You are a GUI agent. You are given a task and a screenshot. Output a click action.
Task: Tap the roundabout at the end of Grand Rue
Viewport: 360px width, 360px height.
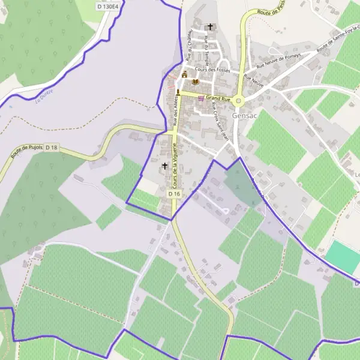[239, 101]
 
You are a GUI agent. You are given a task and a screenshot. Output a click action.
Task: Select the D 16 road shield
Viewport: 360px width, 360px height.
[174, 194]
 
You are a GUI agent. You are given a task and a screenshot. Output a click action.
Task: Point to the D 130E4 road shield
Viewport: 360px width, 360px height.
[109, 6]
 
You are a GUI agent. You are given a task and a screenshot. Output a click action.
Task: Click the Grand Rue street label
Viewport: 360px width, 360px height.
[218, 97]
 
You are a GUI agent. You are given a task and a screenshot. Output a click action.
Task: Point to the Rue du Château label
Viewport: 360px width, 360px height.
[188, 45]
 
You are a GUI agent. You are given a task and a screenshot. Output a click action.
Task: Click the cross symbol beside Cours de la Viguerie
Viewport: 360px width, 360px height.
[164, 165]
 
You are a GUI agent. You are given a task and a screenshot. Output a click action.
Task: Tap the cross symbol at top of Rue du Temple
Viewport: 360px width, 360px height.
[209, 26]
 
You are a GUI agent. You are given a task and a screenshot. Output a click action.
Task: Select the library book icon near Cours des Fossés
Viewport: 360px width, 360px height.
[194, 83]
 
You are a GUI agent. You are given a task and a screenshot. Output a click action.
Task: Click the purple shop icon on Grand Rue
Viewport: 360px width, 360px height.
[200, 98]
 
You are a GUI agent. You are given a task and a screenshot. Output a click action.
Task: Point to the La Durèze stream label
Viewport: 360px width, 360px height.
[45, 97]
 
